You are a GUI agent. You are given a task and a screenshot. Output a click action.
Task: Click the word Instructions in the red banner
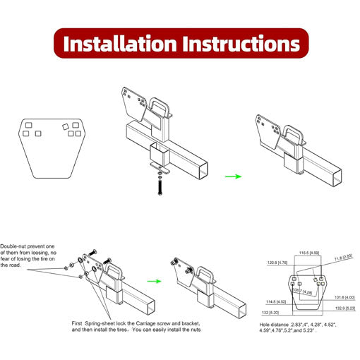(240, 43)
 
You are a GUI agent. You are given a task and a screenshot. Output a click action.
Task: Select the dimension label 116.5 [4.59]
(309, 252)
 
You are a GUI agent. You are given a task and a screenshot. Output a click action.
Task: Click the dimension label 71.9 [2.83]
(344, 258)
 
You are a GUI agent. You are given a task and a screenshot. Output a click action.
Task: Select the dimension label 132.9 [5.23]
(342, 308)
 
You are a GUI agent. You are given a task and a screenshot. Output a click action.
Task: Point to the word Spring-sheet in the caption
(102, 322)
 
